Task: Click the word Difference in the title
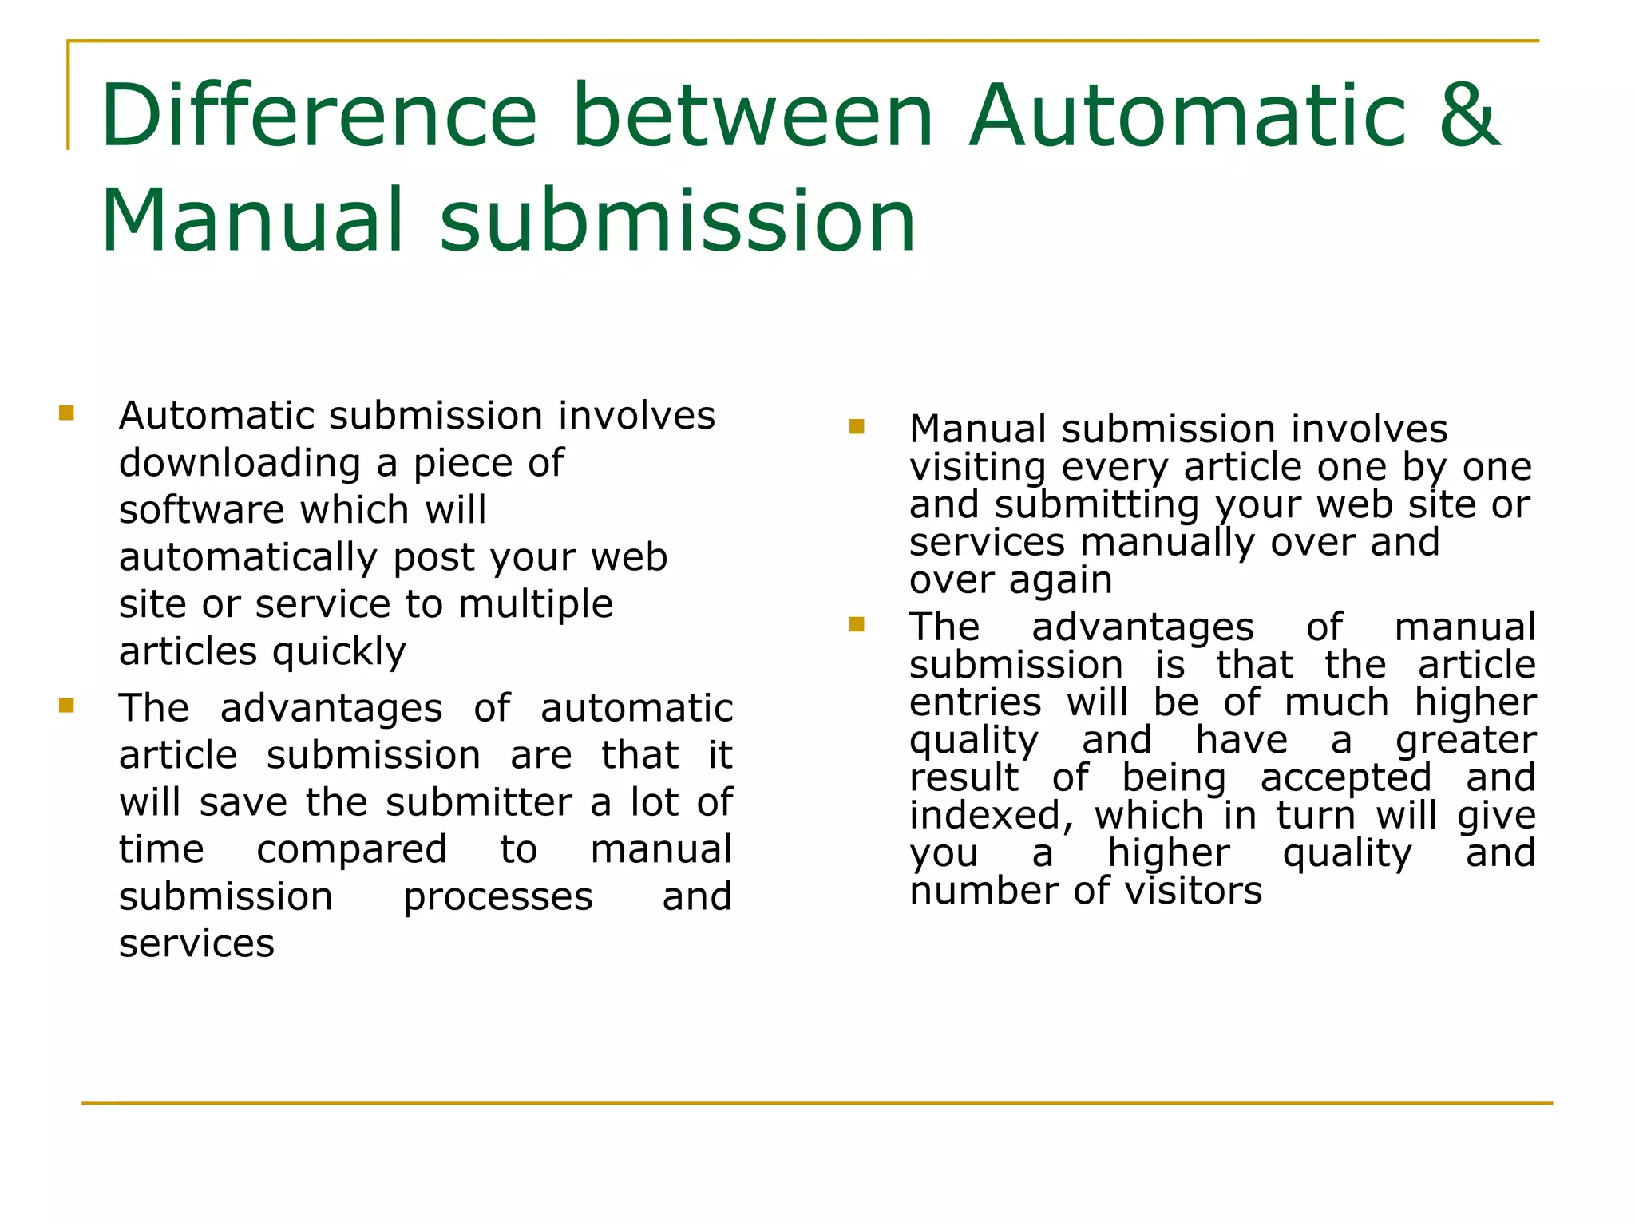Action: click(319, 117)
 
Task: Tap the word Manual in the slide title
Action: click(251, 221)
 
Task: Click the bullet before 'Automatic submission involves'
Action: click(66, 413)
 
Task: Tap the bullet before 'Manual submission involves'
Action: click(857, 426)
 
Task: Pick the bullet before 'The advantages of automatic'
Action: click(66, 706)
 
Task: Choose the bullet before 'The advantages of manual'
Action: click(857, 624)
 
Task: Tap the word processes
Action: click(497, 897)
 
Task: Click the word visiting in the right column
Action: click(977, 468)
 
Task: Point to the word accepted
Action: click(1346, 778)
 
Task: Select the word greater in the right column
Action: click(1466, 741)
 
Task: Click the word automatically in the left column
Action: click(248, 558)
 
